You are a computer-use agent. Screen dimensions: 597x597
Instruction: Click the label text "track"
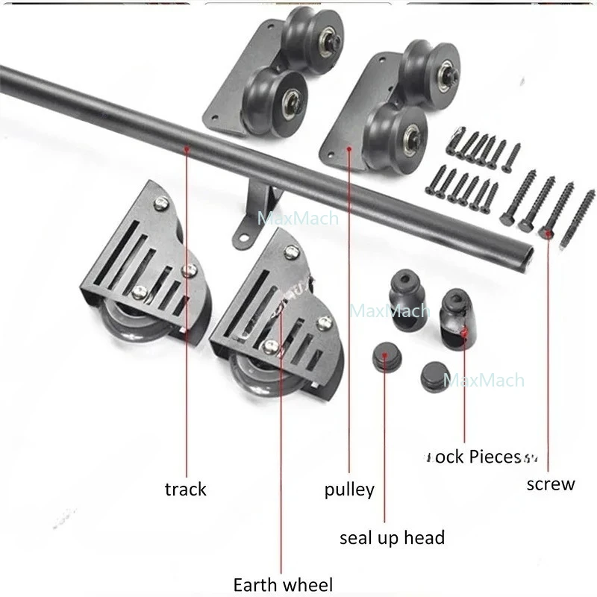point(185,489)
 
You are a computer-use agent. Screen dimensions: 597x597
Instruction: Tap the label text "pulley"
point(349,490)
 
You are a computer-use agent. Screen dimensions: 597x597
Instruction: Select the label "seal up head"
point(392,537)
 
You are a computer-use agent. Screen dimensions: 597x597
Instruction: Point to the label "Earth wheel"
point(283,584)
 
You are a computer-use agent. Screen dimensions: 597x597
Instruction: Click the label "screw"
point(551,484)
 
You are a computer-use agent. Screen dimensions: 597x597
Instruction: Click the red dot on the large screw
point(549,234)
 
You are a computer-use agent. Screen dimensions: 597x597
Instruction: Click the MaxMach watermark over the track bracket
point(297,219)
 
